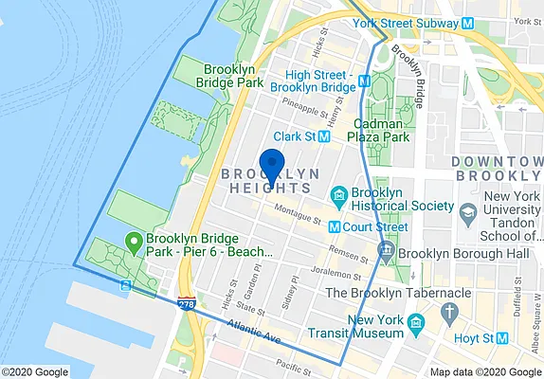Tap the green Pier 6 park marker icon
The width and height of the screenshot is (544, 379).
[x=135, y=243]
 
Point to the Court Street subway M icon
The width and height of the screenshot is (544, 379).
[x=334, y=227]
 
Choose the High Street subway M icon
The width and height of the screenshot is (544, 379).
[x=363, y=81]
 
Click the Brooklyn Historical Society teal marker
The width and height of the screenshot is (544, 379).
[x=337, y=196]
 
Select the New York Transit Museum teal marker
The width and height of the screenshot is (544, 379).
[x=414, y=327]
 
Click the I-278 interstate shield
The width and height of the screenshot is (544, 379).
[x=188, y=302]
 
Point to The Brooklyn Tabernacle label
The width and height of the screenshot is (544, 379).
[x=398, y=293]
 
